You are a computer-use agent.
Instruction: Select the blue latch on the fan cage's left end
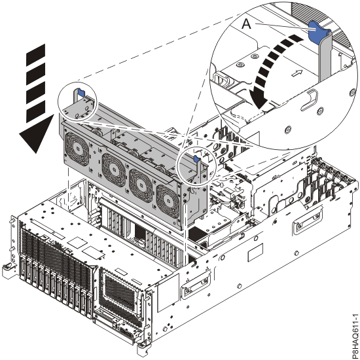coord(78,94)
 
